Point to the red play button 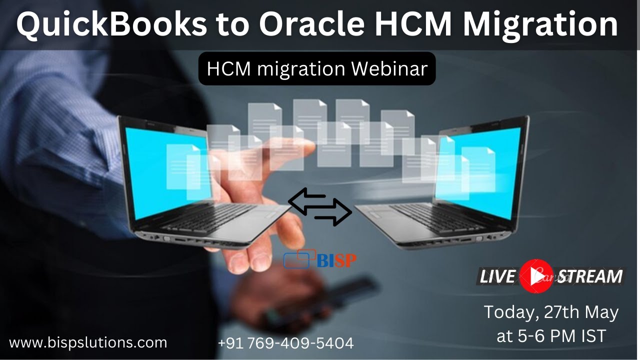pos(536,276)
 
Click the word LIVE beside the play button pos(497,276)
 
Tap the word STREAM pos(590,276)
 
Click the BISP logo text pos(336,260)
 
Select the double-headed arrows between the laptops pos(320,207)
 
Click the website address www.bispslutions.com pos(88,343)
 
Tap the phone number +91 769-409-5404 pos(285,343)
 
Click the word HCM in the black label pos(224,68)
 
